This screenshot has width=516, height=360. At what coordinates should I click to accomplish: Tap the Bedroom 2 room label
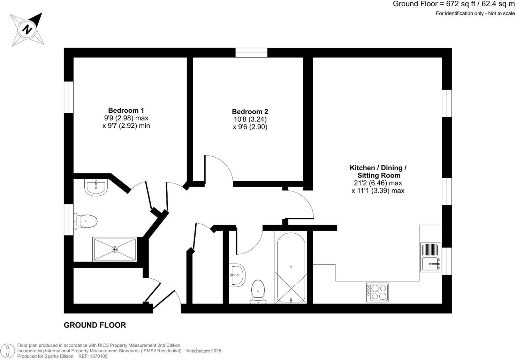pos(250,112)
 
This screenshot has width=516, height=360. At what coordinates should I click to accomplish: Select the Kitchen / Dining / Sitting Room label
pos(378,171)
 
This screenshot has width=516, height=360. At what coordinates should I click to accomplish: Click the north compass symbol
pos(27,29)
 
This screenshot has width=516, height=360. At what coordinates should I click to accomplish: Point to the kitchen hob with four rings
pos(377,292)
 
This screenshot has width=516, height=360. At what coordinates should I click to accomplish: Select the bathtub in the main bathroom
pos(291,267)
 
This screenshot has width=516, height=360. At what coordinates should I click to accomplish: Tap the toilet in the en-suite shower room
pos(86,221)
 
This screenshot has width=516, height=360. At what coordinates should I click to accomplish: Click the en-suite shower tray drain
pos(115,249)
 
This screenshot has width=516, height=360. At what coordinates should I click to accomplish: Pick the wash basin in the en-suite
pos(96,187)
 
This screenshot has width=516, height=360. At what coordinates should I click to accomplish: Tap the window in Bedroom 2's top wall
pos(251,53)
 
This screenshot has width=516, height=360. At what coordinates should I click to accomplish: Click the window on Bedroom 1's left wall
pos(69,97)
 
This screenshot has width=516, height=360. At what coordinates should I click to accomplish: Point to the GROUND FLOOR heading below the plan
pos(95,325)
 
